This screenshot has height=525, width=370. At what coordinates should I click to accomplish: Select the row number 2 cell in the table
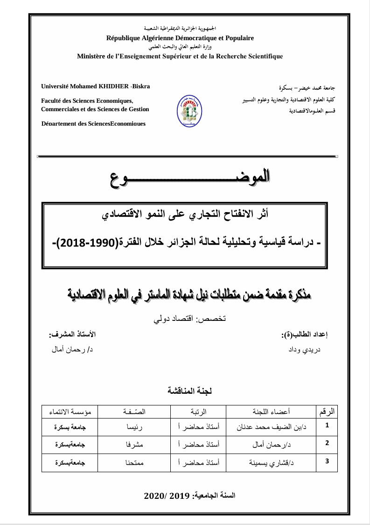327,443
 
